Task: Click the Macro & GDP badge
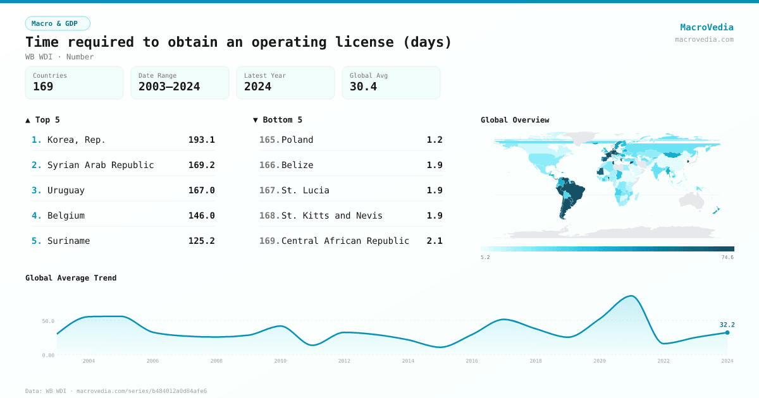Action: click(58, 23)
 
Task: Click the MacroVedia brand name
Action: click(707, 27)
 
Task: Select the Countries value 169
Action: click(43, 87)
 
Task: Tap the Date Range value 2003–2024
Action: click(169, 87)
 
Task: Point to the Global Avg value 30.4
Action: click(363, 87)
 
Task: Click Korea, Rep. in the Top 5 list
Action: click(76, 140)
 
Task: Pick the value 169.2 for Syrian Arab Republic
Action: click(201, 165)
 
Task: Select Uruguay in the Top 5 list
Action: click(66, 190)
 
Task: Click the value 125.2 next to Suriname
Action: click(201, 241)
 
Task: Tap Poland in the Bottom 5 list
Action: click(297, 140)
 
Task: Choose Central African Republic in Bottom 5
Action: click(345, 241)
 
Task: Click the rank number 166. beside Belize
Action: click(269, 165)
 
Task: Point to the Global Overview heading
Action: click(515, 120)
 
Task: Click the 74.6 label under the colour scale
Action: click(727, 257)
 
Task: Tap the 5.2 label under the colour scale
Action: click(485, 257)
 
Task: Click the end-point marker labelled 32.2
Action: click(727, 332)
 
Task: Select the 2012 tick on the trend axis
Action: click(344, 361)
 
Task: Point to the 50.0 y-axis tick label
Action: click(48, 321)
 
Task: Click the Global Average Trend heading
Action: click(71, 278)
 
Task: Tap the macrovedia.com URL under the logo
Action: click(704, 39)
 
